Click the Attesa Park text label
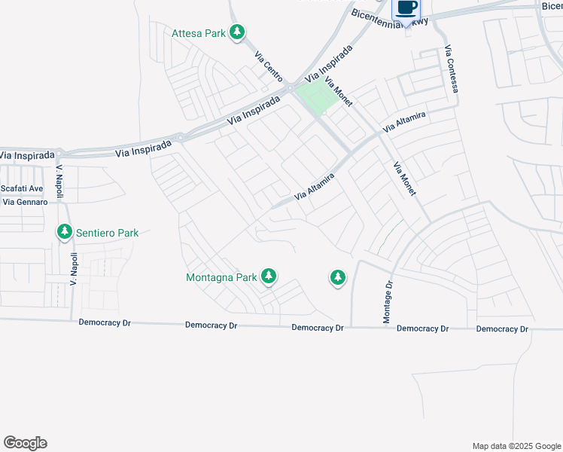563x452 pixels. [199, 33]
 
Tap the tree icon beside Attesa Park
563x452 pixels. [238, 32]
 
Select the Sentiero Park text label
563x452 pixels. [107, 233]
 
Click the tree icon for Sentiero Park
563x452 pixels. [65, 232]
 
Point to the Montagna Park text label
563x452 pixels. [221, 277]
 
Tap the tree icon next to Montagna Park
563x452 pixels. [269, 276]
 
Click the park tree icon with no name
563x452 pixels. [338, 278]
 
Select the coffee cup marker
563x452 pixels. [406, 9]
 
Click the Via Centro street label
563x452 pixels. [268, 66]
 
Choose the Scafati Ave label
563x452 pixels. [23, 188]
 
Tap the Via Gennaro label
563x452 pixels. [26, 202]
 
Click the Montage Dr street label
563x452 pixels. [388, 302]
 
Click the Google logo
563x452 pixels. [25, 443]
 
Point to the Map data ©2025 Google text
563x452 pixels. [516, 446]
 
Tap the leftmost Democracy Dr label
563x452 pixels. [105, 322]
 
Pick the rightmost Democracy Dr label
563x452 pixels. [502, 329]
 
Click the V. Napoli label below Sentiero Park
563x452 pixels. [74, 269]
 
